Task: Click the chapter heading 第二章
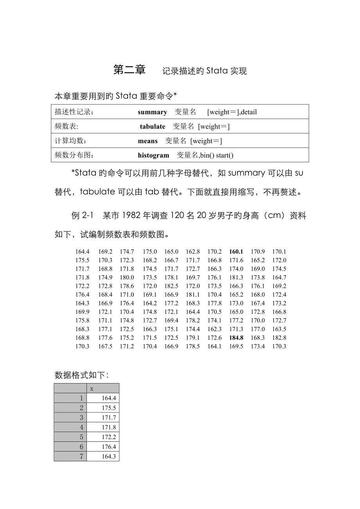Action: pos(130,70)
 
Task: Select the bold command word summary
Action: pos(152,112)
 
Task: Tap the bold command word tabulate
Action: pos(153,127)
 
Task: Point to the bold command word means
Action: pos(148,141)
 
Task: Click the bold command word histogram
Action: pos(153,156)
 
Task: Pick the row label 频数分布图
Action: pos(74,156)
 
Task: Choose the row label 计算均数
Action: pos(70,141)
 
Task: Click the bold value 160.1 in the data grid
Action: pos(236,252)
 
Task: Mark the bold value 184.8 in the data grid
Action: pos(236,338)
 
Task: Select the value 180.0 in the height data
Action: pos(127,278)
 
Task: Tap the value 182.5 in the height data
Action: pos(171,286)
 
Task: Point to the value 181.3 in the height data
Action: pos(236,278)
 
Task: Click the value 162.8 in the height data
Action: pos(193,252)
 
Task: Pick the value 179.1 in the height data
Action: pos(193,338)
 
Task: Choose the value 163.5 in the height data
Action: pos(279,329)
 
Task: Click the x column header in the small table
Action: pos(92,389)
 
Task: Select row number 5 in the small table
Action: pos(81,437)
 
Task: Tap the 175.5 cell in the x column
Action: pos(109,408)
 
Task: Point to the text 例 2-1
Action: pos(81,216)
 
